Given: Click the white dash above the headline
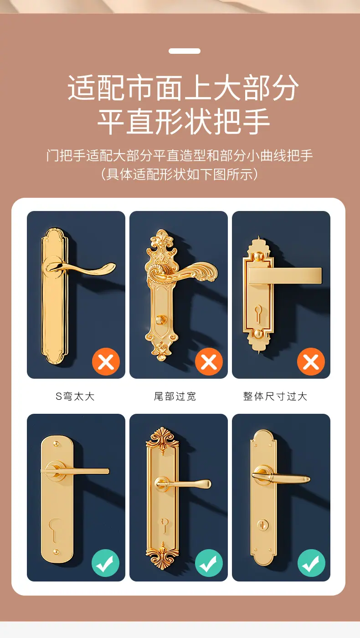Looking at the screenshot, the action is [184, 51].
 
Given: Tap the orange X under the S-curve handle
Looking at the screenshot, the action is [106, 362].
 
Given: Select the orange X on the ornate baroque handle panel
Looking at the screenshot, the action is [209, 362].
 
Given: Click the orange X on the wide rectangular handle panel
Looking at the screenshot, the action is [311, 362].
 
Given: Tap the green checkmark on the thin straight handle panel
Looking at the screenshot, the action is [105, 563].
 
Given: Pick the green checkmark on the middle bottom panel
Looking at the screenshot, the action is [209, 563].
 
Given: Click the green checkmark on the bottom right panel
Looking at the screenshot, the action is [311, 563].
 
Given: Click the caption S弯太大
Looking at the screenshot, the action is [75, 396].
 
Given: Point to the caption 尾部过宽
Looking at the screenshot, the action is [175, 396].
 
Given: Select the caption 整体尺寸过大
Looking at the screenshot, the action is [275, 396].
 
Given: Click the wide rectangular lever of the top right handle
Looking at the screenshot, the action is [285, 275].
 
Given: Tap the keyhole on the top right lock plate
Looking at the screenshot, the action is [258, 314].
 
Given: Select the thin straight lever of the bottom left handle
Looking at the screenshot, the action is [76, 471].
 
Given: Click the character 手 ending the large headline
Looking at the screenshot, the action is [256, 121].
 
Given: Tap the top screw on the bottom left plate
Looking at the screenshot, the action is [56, 444].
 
